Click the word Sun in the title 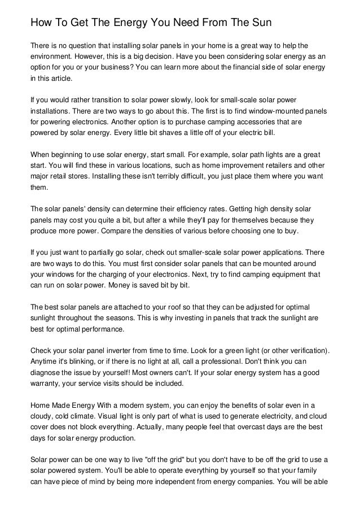[x=260, y=23]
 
